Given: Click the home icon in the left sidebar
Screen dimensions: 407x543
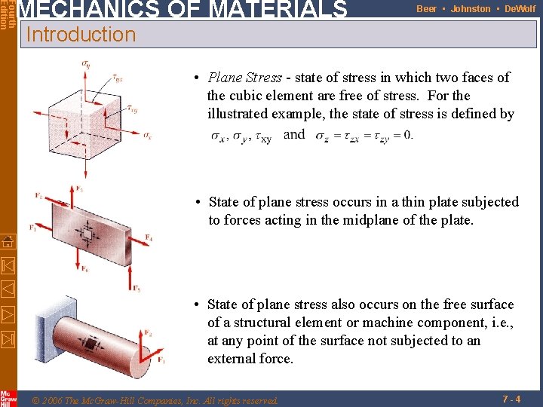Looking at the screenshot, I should point(8,242).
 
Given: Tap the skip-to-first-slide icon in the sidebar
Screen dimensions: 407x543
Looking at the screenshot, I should point(8,265).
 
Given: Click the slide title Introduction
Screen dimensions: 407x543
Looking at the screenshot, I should point(80,35).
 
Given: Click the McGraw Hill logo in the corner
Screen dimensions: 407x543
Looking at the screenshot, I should point(8,398).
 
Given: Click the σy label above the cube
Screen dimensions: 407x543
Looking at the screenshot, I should point(86,63).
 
